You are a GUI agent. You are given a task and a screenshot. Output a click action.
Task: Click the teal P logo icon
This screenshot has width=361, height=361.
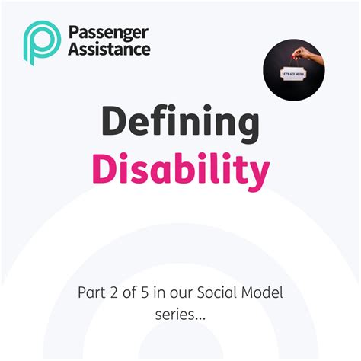tap(41, 43)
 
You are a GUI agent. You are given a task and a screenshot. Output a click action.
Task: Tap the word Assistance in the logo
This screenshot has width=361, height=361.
tap(109, 49)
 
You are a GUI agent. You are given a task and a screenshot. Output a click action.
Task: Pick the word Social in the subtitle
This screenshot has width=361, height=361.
tap(223, 293)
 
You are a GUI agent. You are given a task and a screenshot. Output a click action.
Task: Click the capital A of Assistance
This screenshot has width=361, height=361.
tap(73, 49)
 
